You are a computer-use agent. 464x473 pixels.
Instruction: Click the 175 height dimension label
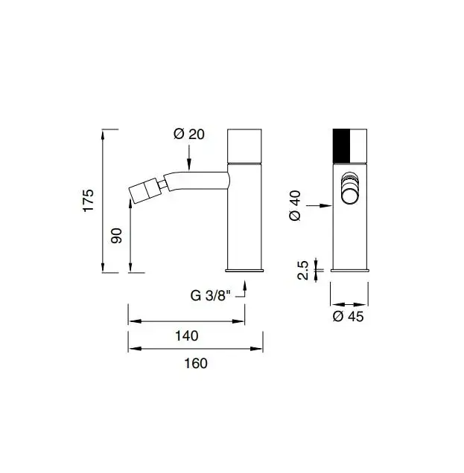click(x=89, y=201)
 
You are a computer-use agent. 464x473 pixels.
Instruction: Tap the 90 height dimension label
click(x=116, y=236)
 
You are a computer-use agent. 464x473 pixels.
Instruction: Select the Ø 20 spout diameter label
click(x=189, y=134)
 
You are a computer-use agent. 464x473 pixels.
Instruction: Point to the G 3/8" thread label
click(x=210, y=296)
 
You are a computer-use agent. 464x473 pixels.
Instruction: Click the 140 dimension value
click(x=187, y=335)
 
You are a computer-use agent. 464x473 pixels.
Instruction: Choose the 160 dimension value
click(x=196, y=363)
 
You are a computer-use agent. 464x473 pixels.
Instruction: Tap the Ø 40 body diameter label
click(x=295, y=205)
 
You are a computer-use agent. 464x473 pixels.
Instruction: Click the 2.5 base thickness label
click(x=302, y=270)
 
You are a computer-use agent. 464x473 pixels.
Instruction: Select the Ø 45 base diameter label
click(x=348, y=316)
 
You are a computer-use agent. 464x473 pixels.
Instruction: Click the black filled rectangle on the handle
click(x=341, y=146)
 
